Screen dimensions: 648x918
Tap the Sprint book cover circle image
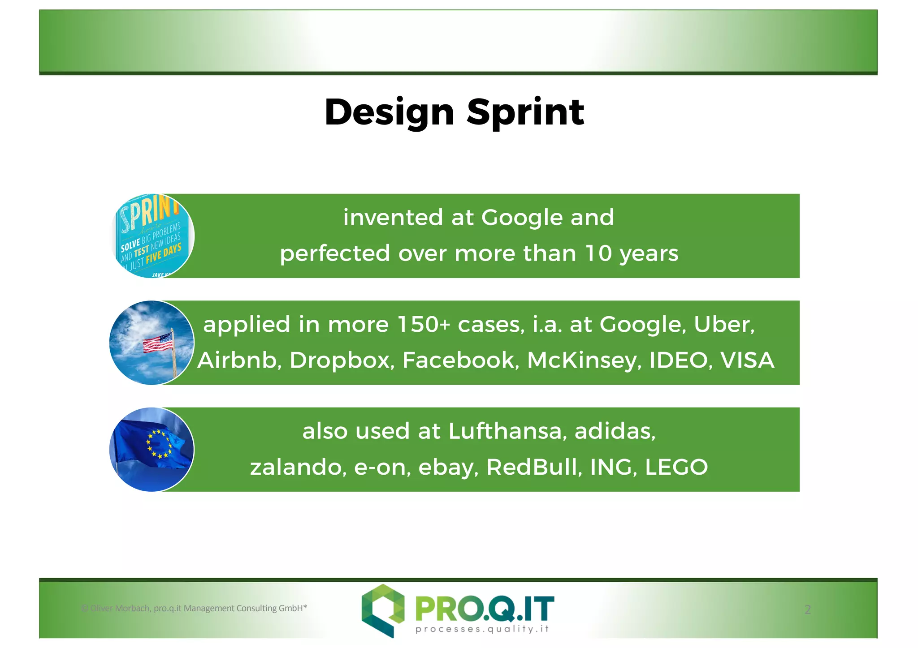tap(152, 236)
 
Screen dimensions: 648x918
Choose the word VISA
tap(747, 360)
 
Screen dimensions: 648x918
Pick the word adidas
tap(615, 431)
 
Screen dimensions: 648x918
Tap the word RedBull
tap(534, 467)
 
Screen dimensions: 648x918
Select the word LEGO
tap(676, 467)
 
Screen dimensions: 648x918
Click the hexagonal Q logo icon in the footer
tap(383, 609)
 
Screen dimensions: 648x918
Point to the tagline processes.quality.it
tap(482, 629)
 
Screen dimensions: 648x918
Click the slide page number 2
tap(807, 609)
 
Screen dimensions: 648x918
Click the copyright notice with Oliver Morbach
tap(194, 608)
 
